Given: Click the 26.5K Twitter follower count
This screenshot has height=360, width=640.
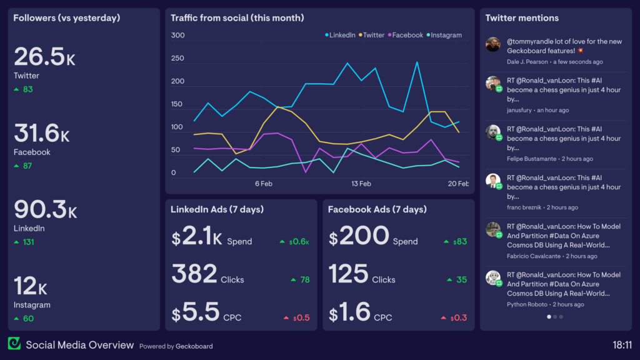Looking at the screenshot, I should [44, 57].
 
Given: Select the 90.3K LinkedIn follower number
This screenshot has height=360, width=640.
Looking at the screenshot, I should [45, 210].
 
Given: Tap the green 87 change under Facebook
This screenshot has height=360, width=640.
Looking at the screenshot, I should [27, 166].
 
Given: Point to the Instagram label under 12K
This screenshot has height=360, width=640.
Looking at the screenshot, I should [32, 305].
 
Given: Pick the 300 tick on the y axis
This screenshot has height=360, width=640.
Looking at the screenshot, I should [177, 36].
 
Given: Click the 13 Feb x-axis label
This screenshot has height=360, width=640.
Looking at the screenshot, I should [361, 184].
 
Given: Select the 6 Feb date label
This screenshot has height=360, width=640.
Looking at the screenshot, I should [263, 184].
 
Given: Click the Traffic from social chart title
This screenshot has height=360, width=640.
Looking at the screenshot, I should [237, 18].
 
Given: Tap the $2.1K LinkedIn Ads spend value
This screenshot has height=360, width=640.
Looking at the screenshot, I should [197, 236].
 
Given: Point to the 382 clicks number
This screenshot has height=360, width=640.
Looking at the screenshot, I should [194, 274].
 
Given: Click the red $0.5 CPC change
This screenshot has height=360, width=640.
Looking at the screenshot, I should [301, 317].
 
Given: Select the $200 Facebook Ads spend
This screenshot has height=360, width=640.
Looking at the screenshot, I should [359, 236].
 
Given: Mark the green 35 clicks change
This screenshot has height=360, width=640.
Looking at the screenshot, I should [461, 279].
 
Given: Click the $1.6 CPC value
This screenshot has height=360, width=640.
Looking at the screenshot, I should [350, 312].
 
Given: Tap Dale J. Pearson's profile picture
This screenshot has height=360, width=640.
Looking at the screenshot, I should [493, 44].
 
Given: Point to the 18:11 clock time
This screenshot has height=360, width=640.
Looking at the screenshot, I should [622, 344].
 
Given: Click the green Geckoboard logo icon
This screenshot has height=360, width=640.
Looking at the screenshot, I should [14, 344].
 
